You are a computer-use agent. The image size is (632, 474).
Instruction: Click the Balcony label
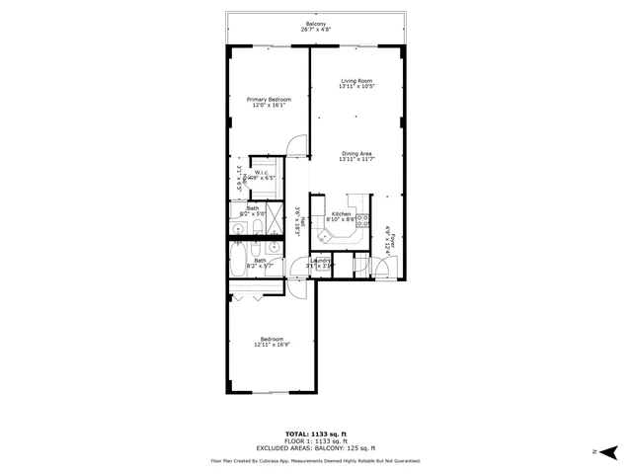(x=315, y=23)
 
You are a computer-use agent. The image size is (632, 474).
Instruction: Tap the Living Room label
(x=355, y=81)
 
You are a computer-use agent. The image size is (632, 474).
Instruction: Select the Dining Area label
(x=355, y=153)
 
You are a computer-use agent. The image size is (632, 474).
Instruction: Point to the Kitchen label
(x=341, y=214)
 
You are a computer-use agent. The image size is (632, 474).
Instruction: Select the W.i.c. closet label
(x=263, y=174)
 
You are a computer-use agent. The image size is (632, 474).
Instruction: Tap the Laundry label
(x=319, y=261)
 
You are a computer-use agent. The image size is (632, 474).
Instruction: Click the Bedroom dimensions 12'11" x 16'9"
(x=272, y=345)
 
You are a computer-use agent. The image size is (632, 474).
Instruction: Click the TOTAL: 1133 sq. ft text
(x=315, y=434)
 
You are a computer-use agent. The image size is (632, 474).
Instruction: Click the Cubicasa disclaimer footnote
(x=315, y=460)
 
